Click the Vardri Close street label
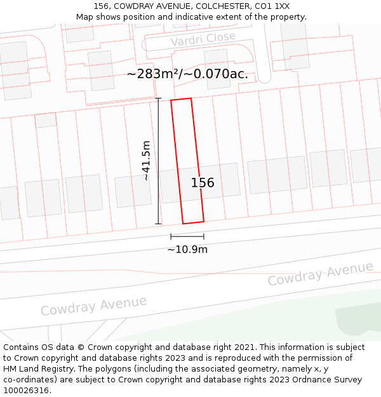pyautogui.click(x=203, y=39)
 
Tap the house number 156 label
pyautogui.click(x=203, y=183)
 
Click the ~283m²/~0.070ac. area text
pyautogui.click(x=187, y=74)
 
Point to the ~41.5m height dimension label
pyautogui.click(x=147, y=161)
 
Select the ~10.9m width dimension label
pyautogui.click(x=187, y=250)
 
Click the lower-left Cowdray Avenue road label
pyautogui.click(x=93, y=306)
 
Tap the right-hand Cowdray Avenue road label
pyautogui.click(x=320, y=274)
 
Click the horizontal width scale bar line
pyautogui.click(x=187, y=236)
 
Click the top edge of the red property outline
pyautogui.click(x=181, y=100)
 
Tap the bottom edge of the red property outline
pyautogui.click(x=193, y=222)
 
